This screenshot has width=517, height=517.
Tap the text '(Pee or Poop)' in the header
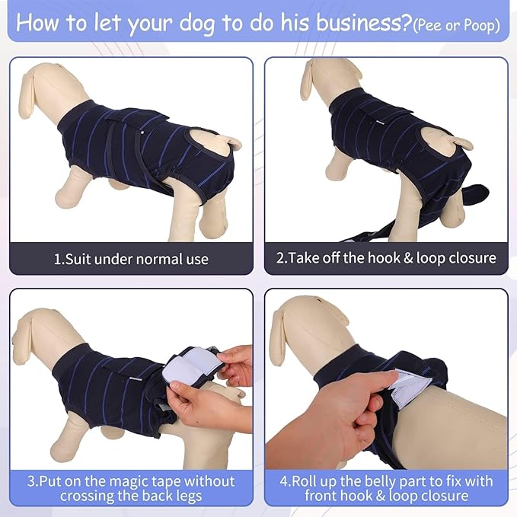456,26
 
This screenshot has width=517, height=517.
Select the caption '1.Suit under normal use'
130,259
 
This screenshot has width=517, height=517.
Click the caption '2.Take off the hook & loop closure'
385,259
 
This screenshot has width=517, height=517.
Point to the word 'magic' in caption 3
130,481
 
